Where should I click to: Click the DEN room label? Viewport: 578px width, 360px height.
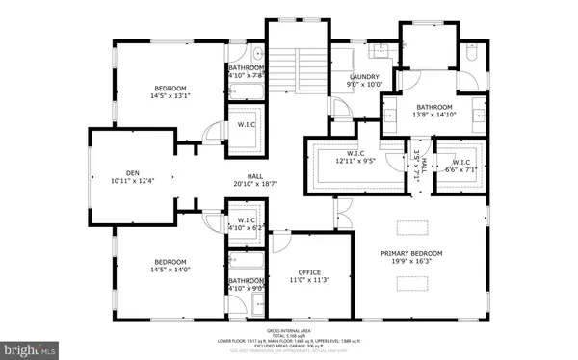pyautogui.click(x=132, y=172)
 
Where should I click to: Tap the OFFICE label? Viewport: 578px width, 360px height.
pyautogui.click(x=308, y=271)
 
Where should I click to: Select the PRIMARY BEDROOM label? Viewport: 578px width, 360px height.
pyautogui.click(x=416, y=253)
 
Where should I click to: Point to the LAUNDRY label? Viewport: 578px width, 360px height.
pyautogui.click(x=363, y=77)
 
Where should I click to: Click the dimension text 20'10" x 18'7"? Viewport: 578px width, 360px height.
pyautogui.click(x=254, y=184)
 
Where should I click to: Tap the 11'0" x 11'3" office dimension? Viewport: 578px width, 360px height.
pyautogui.click(x=308, y=280)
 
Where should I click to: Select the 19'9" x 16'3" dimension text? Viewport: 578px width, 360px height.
pyautogui.click(x=416, y=262)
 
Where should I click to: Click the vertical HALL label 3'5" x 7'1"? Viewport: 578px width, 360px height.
pyautogui.click(x=416, y=167)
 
